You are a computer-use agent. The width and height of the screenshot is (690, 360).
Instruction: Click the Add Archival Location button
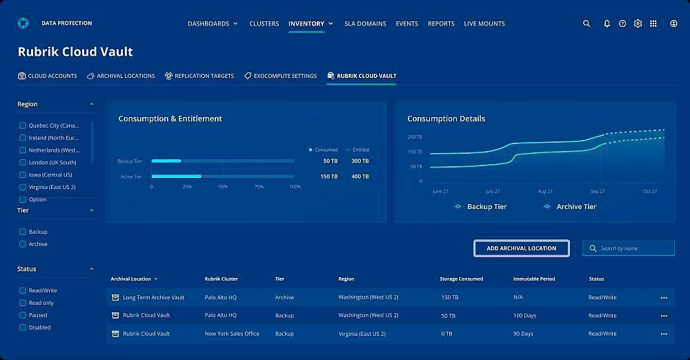point(521,248)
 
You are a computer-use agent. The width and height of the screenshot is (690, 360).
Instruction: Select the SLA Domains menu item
point(366,23)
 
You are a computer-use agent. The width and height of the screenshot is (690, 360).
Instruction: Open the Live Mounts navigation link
point(484,23)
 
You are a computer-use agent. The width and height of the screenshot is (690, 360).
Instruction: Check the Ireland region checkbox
point(23,138)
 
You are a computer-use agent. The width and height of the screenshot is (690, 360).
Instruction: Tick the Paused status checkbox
point(23,315)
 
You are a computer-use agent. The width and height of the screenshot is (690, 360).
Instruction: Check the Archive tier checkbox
point(23,244)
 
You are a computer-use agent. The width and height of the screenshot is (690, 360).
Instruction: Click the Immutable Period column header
point(534,279)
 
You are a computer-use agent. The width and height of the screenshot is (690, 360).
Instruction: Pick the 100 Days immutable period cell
point(524,315)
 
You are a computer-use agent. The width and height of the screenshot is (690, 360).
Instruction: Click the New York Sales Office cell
point(232,334)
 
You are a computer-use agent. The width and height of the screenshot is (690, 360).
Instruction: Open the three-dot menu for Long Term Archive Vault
point(664,298)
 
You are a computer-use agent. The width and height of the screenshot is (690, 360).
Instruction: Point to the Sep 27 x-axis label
point(597,191)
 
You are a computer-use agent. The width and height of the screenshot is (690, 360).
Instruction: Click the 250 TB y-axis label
point(415,137)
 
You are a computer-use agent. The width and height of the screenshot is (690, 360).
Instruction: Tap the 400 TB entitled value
point(359,177)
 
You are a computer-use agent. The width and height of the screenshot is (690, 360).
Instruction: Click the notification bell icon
point(607,23)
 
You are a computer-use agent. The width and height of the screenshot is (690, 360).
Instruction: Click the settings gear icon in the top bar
point(638,23)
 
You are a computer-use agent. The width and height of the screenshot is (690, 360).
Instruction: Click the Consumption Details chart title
point(446,119)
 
